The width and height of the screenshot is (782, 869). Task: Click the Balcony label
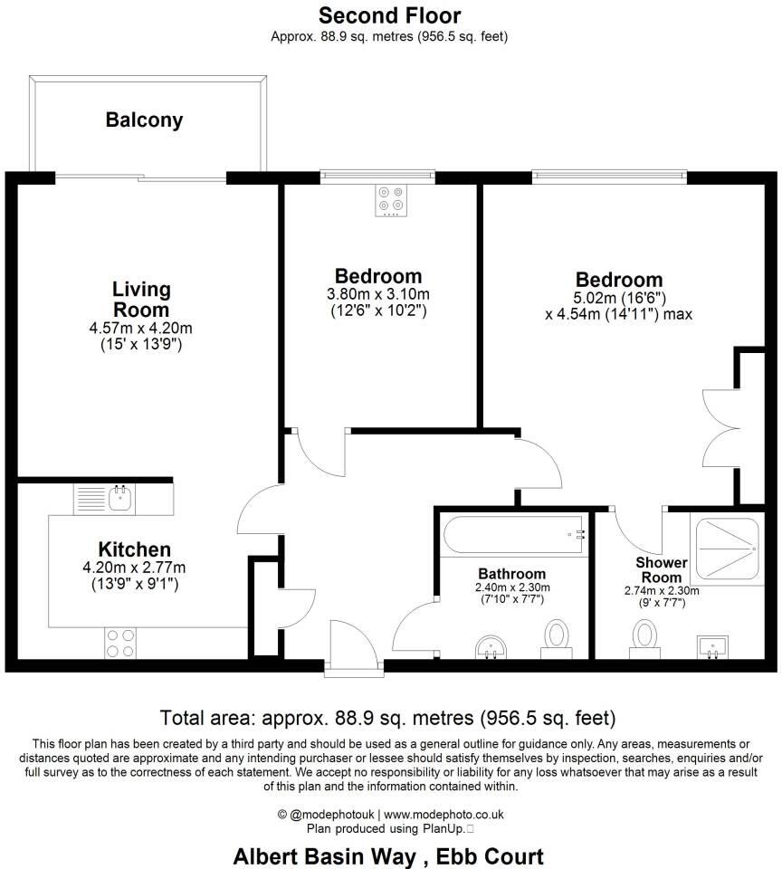[144, 119]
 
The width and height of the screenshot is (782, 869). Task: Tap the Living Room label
[141, 300]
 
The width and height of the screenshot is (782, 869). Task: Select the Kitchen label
[134, 549]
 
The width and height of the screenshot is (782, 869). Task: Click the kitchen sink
[118, 496]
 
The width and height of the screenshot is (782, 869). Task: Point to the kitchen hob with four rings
[119, 642]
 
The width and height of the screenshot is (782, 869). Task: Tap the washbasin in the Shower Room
[711, 646]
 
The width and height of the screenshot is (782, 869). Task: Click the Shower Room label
[663, 570]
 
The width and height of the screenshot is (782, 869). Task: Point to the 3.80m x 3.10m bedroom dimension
[378, 294]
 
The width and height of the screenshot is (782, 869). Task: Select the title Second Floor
[390, 15]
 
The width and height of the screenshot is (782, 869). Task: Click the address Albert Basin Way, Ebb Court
[389, 855]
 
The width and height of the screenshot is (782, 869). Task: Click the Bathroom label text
[511, 574]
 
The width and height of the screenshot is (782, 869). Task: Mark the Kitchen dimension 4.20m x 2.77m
[134, 568]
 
